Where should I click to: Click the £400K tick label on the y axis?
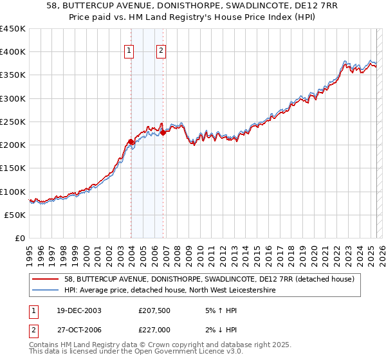click(x=13, y=52)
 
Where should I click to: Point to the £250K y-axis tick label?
click(x=13, y=122)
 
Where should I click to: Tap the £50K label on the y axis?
click(x=15, y=215)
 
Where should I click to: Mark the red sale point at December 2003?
click(x=131, y=141)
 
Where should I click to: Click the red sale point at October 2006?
click(x=163, y=132)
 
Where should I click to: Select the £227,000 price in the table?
click(x=155, y=328)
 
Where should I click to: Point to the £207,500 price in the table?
click(x=155, y=310)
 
